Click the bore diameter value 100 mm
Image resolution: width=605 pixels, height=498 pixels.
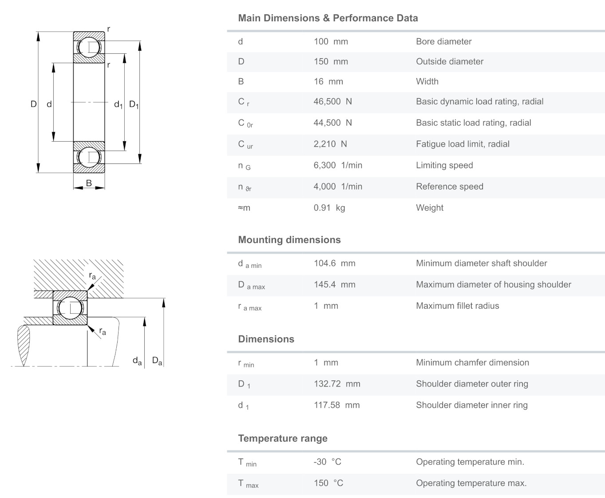tap(331, 42)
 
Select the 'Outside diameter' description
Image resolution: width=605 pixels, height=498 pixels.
tap(449, 62)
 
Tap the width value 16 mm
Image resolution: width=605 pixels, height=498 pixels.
tap(328, 82)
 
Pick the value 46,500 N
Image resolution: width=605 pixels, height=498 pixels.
tap(332, 102)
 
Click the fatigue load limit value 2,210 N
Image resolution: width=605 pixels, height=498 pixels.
tap(330, 144)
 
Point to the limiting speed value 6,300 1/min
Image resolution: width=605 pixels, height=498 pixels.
tap(338, 166)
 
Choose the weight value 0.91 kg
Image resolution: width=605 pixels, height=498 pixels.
tap(329, 208)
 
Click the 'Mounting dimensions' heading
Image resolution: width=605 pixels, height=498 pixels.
tap(289, 240)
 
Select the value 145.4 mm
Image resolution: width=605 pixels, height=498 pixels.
tap(334, 285)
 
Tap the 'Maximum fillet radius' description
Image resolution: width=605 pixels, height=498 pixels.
tap(457, 306)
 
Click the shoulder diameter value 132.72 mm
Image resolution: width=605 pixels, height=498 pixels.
tap(337, 384)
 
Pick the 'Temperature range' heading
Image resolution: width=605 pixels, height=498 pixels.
tap(283, 438)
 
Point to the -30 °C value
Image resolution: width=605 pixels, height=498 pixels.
tap(327, 462)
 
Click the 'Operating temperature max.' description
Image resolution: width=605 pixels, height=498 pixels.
tap(471, 483)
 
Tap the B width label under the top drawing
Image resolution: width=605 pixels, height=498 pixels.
tap(89, 183)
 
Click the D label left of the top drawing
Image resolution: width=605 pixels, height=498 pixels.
tap(33, 104)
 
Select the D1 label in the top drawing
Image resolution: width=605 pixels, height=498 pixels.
tap(134, 105)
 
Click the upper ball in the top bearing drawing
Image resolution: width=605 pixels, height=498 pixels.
tap(89, 47)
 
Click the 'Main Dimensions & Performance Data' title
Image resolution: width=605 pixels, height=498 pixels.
tap(328, 18)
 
